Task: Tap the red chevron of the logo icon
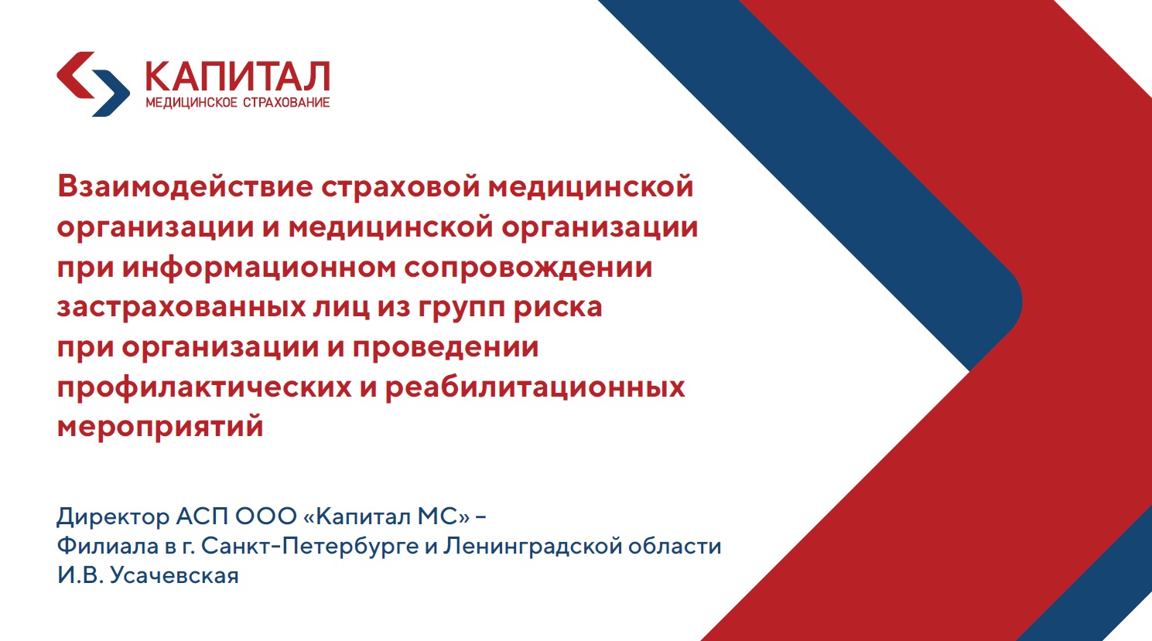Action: tap(74, 75)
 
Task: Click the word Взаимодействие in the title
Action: tap(185, 187)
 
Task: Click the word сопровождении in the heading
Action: tap(528, 268)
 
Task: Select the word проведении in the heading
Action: tap(446, 347)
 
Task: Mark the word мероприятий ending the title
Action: tap(160, 427)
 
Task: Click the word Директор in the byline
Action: tap(113, 516)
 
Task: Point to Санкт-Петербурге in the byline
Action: tap(310, 546)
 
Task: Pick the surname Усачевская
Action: tap(174, 575)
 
